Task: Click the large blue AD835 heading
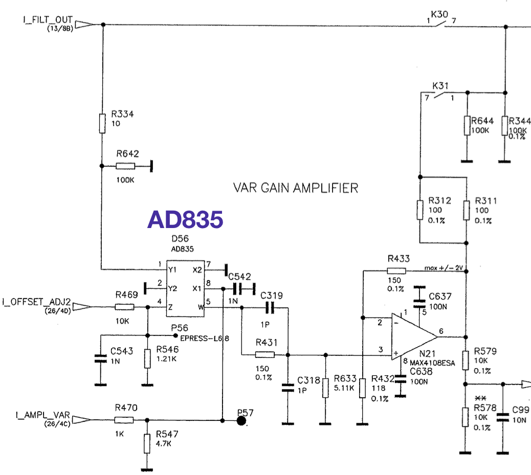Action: point(185,219)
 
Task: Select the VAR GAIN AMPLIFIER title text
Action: point(296,188)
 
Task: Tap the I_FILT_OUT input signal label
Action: point(48,19)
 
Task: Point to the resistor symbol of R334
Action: point(102,124)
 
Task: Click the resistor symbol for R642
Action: point(125,166)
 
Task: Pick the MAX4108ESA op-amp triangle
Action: point(414,336)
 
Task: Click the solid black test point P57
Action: point(241,420)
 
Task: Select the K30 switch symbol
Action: point(440,23)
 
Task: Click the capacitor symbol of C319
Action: point(270,308)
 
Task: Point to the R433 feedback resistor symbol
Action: point(396,270)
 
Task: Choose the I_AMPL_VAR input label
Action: point(42,415)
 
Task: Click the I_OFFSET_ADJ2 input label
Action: point(36,302)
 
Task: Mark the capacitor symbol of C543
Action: point(101,358)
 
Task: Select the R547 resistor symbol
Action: point(147,443)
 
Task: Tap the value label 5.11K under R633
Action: point(344,388)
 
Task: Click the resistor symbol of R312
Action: point(420,210)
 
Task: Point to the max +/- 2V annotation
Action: point(444,268)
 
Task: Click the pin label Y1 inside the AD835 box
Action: point(172,270)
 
